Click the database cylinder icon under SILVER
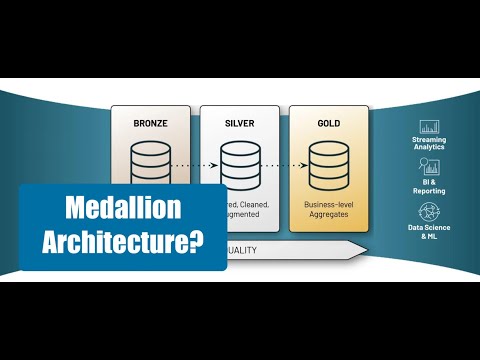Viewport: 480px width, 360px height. coord(240,161)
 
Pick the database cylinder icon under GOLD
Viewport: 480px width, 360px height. coord(328,161)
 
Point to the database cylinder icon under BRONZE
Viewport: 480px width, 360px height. coord(151,159)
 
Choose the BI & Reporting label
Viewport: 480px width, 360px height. coord(431,188)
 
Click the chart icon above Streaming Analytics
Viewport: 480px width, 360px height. coord(431,128)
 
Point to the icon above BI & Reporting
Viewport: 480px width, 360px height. coord(431,170)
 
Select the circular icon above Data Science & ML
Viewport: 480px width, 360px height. coord(431,212)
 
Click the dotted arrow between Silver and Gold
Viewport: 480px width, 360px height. coord(284,162)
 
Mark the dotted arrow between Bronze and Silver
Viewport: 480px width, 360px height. coord(195,162)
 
